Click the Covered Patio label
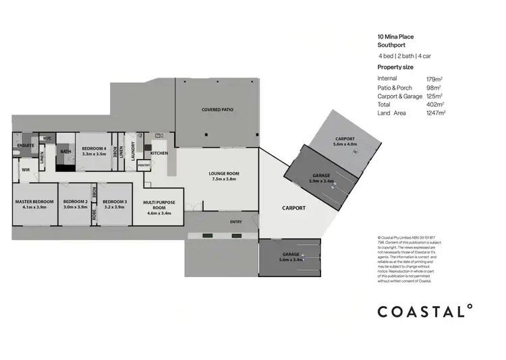tap(217, 109)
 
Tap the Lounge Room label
tap(225, 174)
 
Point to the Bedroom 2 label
tap(75, 202)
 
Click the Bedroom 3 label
tap(115, 202)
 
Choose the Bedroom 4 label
tap(94, 148)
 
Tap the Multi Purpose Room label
tap(159, 204)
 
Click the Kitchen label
tap(159, 153)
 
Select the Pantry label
tap(144, 164)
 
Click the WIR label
tap(26, 169)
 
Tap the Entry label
tap(236, 222)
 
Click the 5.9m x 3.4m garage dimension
tap(321, 181)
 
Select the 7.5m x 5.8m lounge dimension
tap(225, 180)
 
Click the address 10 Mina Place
tap(395, 38)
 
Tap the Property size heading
tap(395, 67)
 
